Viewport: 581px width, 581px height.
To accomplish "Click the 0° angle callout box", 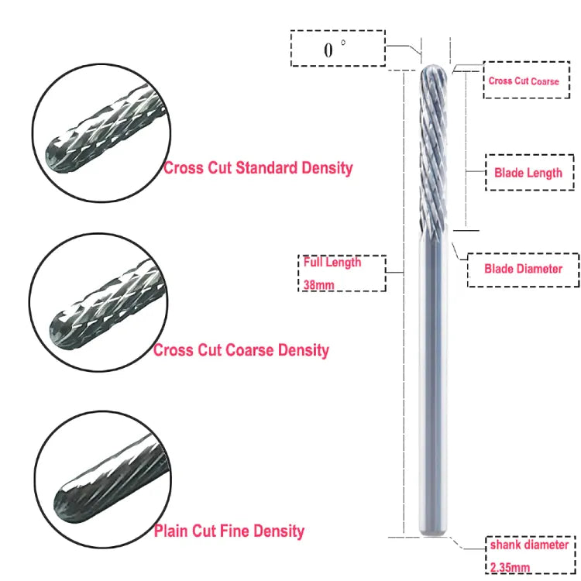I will (x=337, y=50).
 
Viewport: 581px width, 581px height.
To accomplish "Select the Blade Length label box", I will (x=528, y=173).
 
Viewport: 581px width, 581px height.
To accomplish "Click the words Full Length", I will (x=332, y=262).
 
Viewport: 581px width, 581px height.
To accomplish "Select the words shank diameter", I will (x=529, y=545).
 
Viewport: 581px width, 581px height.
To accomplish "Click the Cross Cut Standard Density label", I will (x=258, y=167).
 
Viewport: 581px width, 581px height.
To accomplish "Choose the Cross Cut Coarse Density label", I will (x=241, y=350).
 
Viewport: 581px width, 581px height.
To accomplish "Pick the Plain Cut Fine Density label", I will (x=229, y=531).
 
